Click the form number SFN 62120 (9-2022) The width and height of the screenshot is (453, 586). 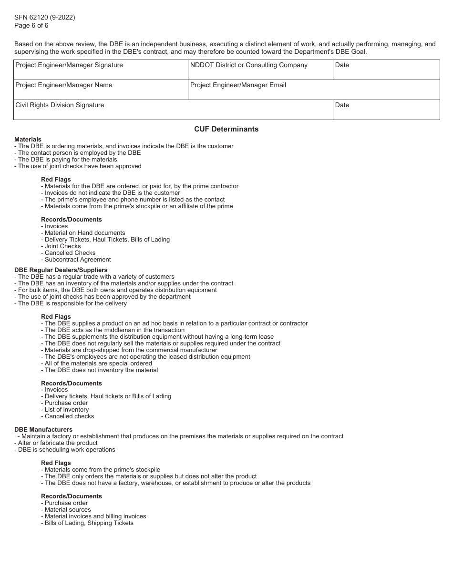(44, 18)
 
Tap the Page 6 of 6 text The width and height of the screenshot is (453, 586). (31, 26)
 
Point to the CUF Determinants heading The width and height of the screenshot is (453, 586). (226, 129)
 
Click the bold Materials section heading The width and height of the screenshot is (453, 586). (28, 140)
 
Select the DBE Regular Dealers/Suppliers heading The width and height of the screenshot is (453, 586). (61, 270)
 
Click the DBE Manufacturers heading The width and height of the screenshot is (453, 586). (43, 430)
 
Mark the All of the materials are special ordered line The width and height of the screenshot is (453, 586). (98, 364)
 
